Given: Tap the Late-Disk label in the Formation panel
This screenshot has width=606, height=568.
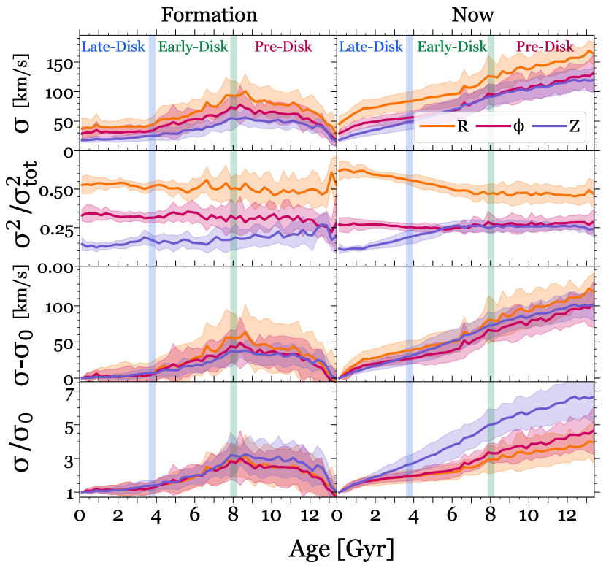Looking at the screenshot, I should pos(114,47).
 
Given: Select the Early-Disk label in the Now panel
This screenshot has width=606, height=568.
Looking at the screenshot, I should pos(452,47).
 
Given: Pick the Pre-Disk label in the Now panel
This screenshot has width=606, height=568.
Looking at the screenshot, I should pos(545,47).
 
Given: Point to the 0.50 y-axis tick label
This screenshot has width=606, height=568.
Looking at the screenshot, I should pos(57,191).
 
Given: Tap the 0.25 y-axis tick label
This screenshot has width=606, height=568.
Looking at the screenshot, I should pos(57,230).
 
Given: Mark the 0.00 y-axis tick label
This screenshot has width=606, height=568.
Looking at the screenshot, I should pos(57,268).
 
